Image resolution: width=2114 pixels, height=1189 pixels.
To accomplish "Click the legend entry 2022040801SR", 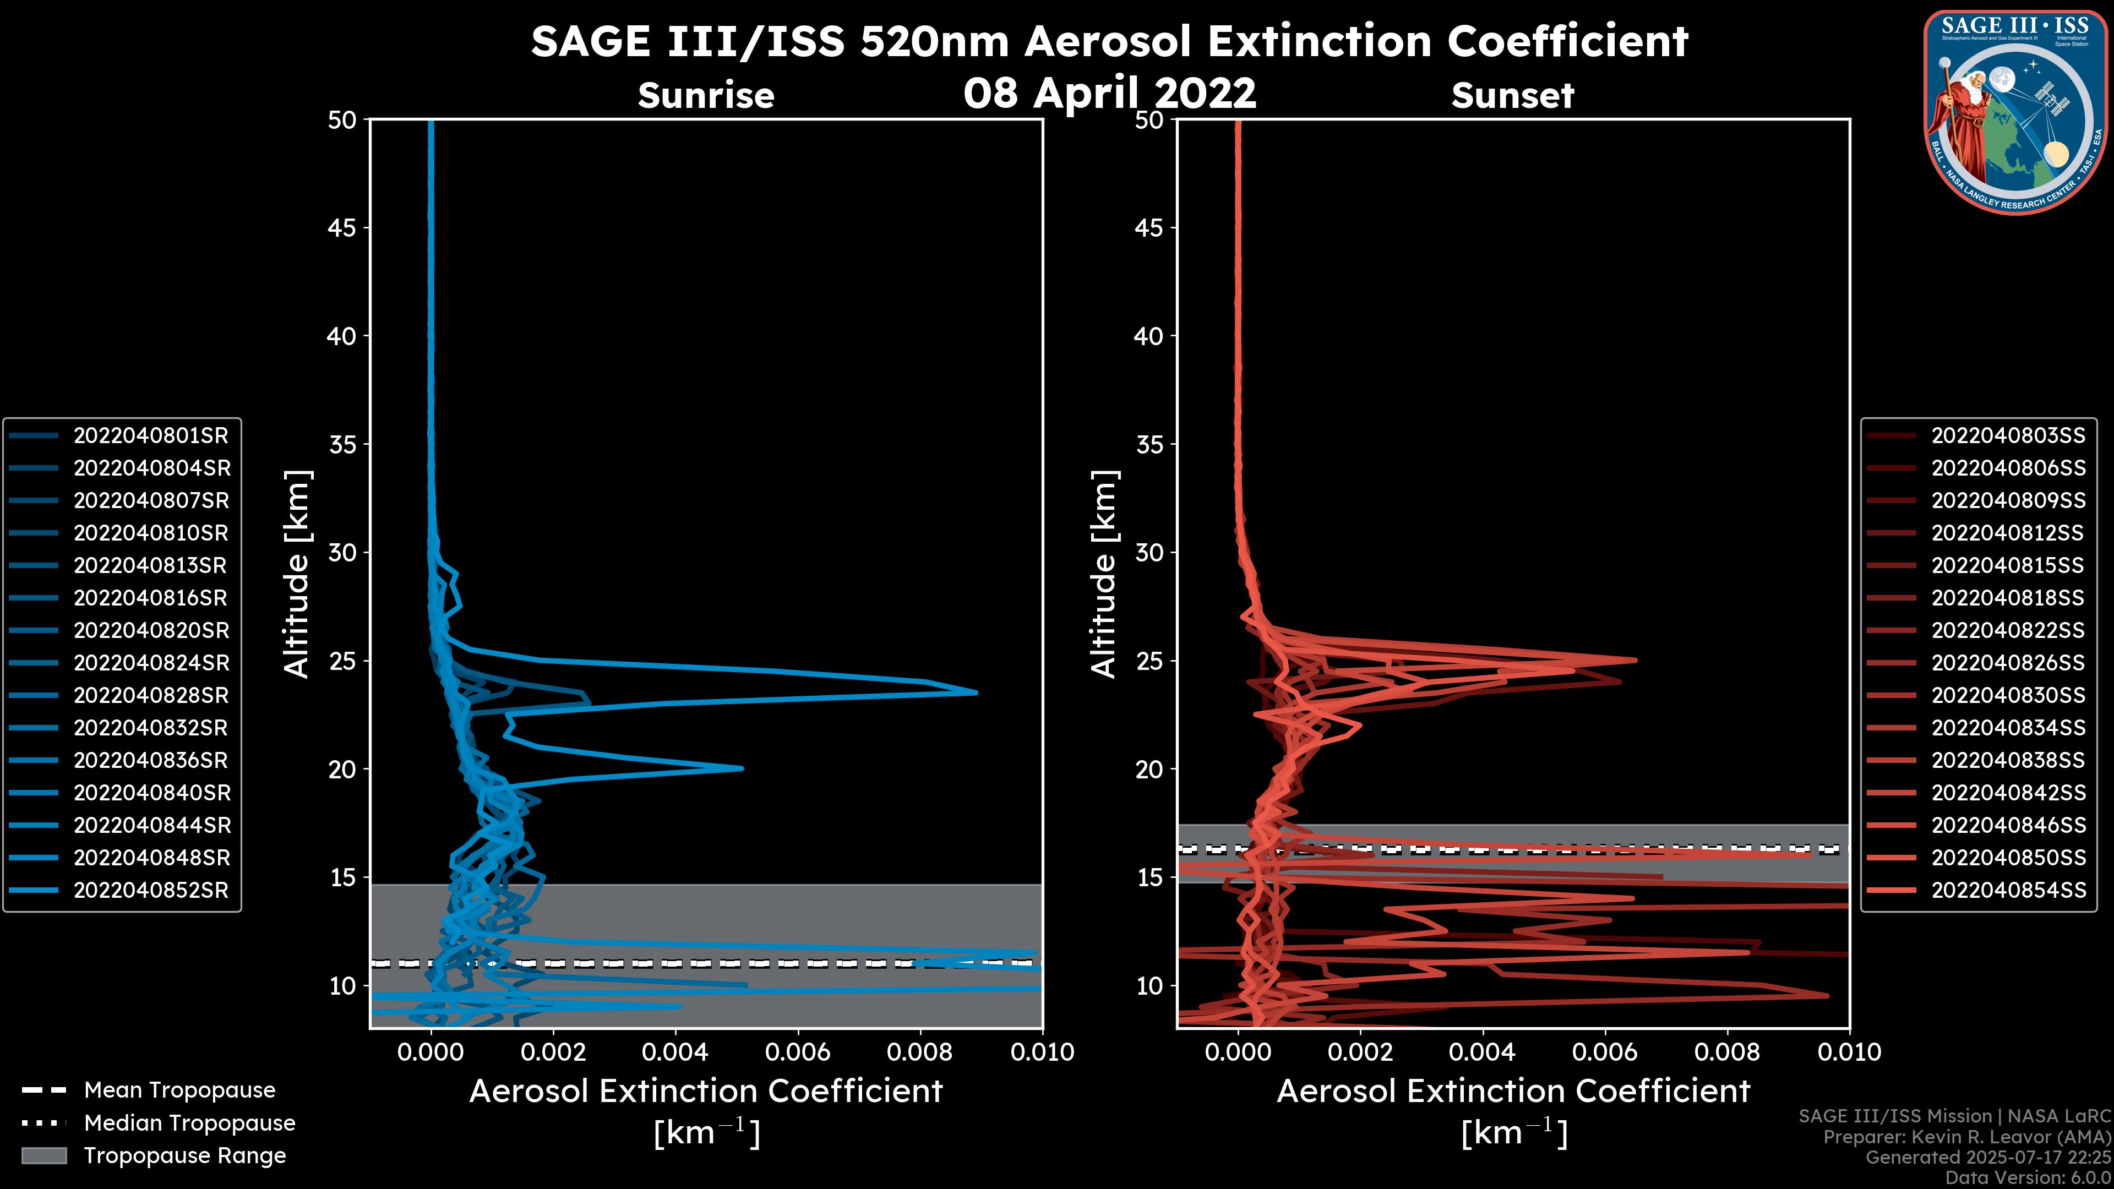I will coord(151,436).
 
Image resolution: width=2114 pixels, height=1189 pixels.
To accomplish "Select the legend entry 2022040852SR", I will coord(151,890).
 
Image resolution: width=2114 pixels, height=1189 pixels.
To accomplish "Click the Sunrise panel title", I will coord(706,95).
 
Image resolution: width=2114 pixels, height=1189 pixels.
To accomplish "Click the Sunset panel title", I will coord(1512,95).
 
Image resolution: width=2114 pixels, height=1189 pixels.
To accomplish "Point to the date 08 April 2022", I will coord(1109,92).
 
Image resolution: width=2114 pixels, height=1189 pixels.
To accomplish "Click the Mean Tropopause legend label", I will coord(179,1090).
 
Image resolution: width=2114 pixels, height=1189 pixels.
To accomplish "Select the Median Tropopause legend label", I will coord(189,1123).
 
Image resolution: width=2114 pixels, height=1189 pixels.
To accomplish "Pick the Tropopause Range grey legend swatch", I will coord(43,1156).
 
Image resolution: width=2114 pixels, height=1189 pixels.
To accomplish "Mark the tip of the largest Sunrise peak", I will coord(976,692).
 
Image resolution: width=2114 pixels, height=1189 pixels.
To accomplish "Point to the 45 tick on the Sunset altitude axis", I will coord(1149,228).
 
